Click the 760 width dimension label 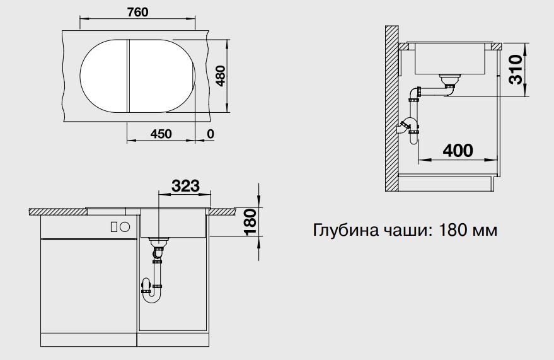[x=138, y=13]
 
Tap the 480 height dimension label [x=221, y=76]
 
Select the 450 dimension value [x=161, y=134]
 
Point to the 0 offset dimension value [x=211, y=134]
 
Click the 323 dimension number [x=185, y=185]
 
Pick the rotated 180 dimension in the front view [x=250, y=222]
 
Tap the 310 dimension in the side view [x=516, y=69]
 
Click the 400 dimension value [x=458, y=151]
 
